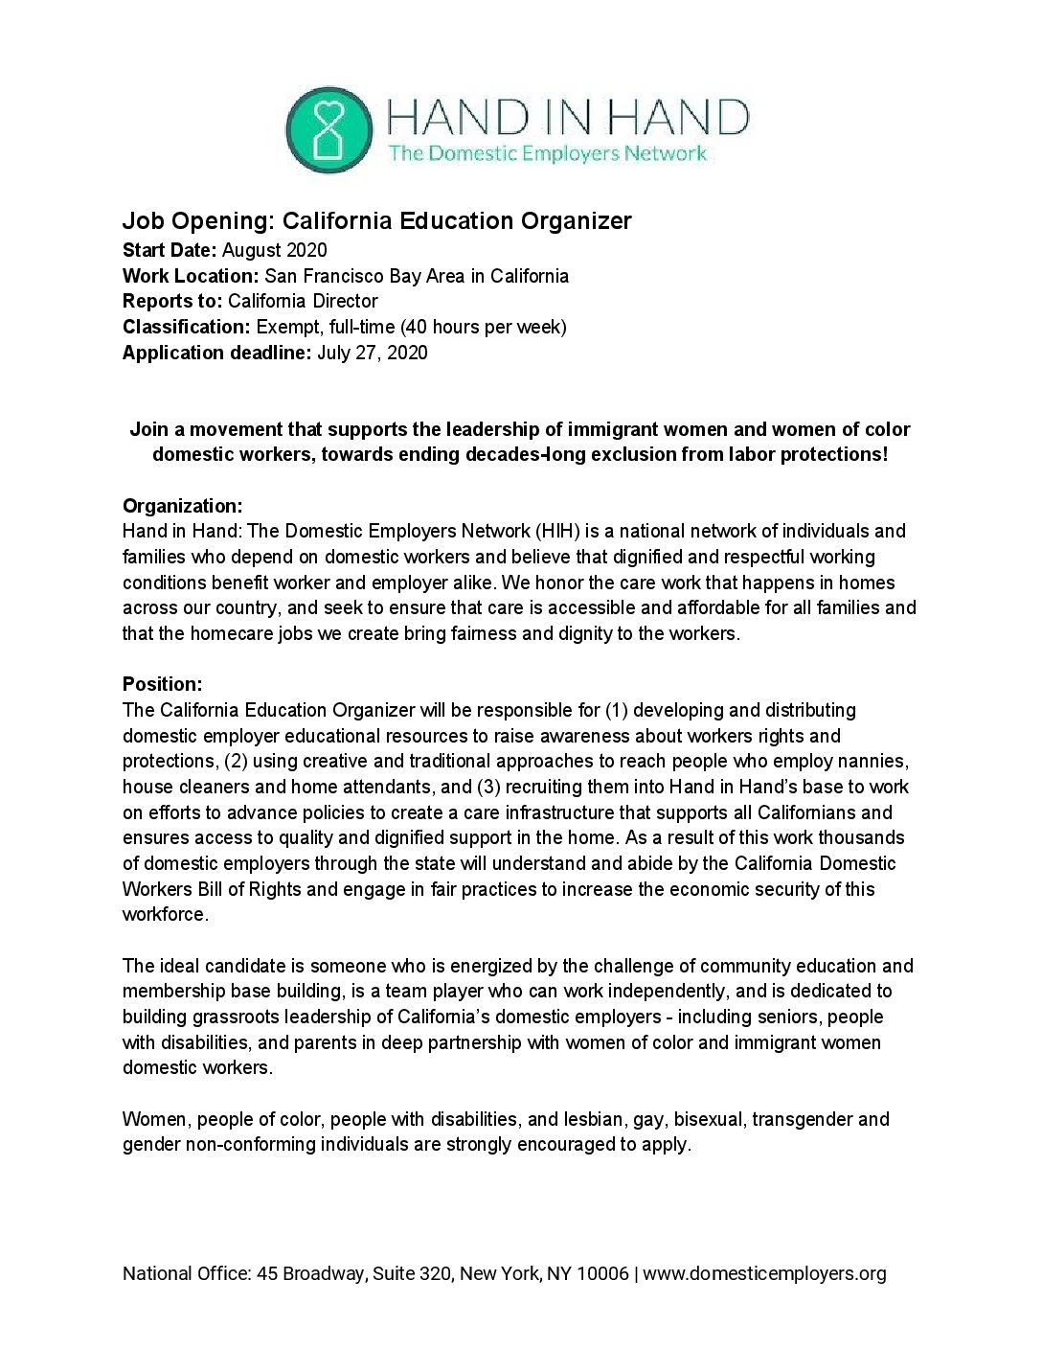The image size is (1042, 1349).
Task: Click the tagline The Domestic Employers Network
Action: click(546, 152)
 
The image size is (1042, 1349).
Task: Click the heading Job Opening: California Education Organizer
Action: click(376, 221)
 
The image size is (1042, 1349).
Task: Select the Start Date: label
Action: click(170, 251)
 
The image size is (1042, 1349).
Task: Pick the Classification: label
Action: click(185, 328)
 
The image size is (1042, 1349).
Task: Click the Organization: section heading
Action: click(182, 506)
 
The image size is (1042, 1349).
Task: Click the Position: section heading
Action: click(162, 685)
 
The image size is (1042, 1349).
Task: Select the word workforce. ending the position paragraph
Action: click(165, 914)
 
